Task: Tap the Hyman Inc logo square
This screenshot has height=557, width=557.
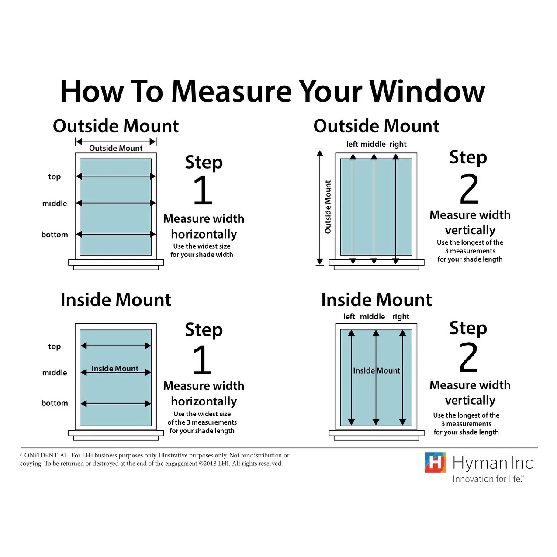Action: tap(435, 462)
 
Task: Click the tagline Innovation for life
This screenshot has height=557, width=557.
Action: tap(488, 479)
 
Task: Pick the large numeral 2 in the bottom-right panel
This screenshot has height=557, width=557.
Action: tap(469, 358)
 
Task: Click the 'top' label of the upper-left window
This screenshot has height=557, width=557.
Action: tap(55, 176)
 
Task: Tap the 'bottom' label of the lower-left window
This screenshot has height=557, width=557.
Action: tap(55, 403)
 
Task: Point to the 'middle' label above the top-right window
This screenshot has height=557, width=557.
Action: tap(373, 144)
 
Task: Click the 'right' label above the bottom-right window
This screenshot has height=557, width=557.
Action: tap(401, 316)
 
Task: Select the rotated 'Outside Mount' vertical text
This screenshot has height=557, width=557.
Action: tap(328, 207)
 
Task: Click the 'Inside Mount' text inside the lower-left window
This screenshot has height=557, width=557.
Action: tap(115, 369)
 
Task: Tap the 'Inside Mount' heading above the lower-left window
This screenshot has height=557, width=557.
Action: tap(116, 300)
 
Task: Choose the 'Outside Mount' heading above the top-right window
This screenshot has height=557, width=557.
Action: tap(376, 126)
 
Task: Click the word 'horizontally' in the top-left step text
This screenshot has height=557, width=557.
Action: tap(204, 234)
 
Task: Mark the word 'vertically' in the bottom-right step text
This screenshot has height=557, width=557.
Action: tap(470, 400)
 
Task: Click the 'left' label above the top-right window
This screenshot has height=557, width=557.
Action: tap(352, 144)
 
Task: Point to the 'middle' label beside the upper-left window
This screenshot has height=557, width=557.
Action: tap(55, 204)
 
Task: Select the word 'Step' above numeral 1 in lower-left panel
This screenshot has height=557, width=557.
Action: tap(204, 330)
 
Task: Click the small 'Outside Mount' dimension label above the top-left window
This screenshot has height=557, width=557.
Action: tap(116, 148)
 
